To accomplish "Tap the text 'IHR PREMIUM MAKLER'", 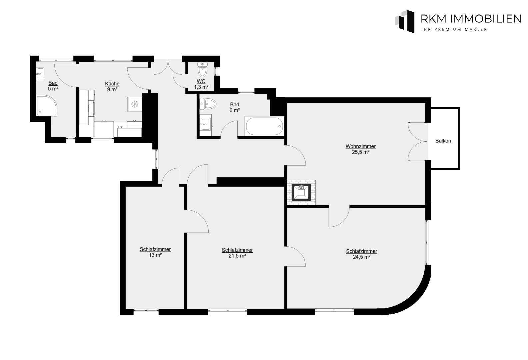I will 454,30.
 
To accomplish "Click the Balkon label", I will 443,141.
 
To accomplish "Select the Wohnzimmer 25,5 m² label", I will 360,149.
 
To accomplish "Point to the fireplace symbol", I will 301,192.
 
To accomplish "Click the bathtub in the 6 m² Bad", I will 264,126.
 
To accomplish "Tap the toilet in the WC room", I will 202,70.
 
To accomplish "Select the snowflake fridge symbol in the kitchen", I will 135,104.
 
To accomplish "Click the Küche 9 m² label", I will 112,86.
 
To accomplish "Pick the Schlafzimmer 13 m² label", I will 155,252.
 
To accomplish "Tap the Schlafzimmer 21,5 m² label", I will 237,253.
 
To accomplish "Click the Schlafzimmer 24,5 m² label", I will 361,254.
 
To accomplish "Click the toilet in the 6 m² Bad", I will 207,104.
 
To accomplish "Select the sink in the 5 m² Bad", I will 40,73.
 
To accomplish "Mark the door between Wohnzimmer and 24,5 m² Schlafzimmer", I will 339,217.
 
